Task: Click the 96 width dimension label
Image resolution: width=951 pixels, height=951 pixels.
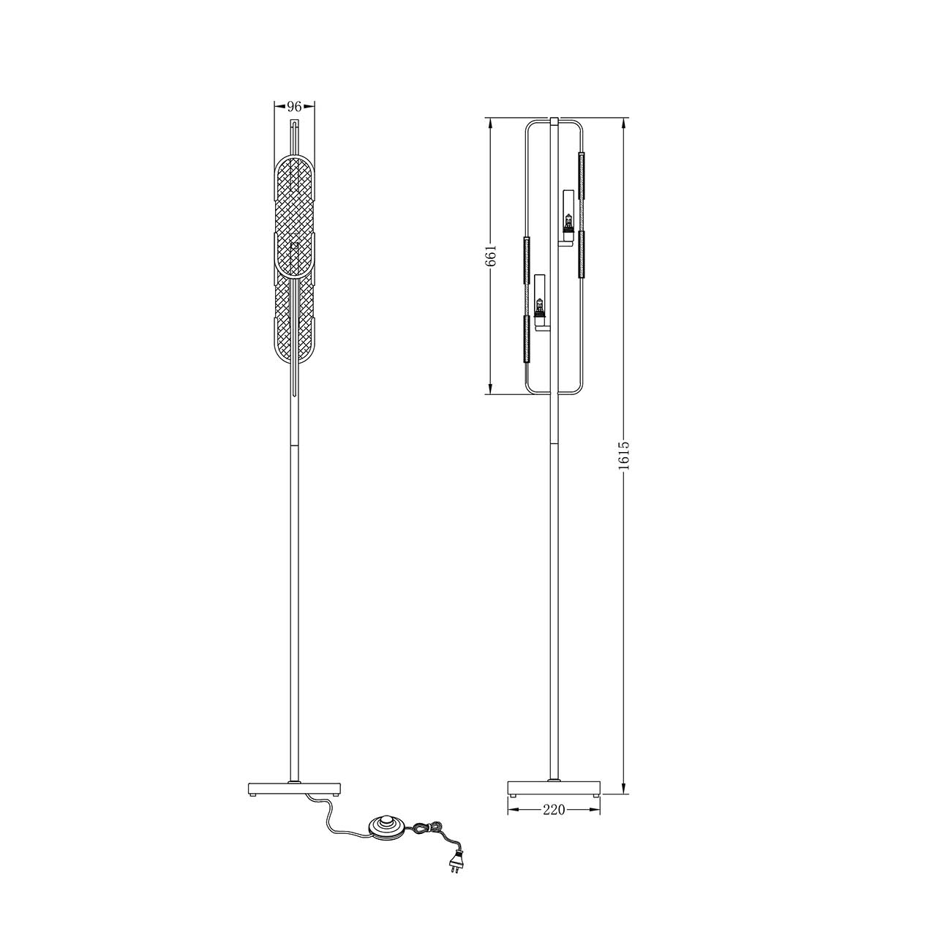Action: tap(294, 106)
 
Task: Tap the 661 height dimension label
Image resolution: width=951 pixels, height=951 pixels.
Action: tap(491, 255)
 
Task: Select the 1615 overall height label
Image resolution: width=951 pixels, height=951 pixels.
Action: tap(624, 455)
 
